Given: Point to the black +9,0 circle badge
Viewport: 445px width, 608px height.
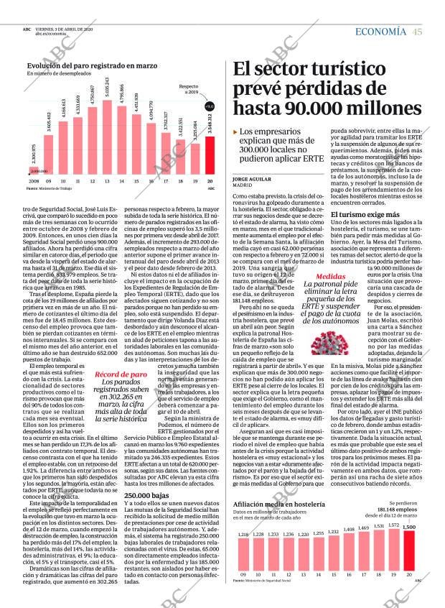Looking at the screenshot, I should (x=210, y=106).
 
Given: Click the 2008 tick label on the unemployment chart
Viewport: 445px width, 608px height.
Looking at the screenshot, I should (x=32, y=181).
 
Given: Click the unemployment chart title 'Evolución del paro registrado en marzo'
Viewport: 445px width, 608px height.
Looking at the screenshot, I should (x=86, y=65).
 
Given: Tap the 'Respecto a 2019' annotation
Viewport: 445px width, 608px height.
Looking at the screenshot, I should (x=188, y=88).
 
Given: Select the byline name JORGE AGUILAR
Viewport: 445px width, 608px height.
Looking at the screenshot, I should (x=252, y=178).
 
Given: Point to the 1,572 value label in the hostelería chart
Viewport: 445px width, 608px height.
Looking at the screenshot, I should (x=394, y=525).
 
